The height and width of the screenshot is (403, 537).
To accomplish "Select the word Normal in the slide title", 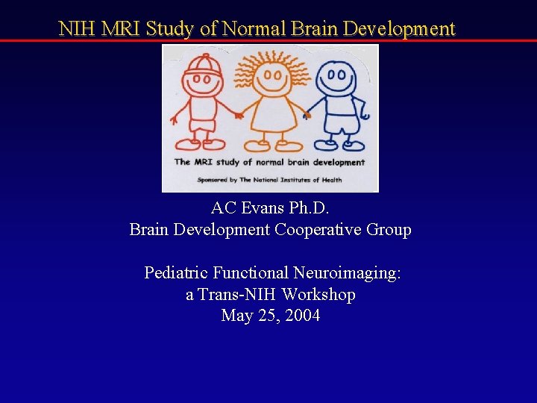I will click(254, 29).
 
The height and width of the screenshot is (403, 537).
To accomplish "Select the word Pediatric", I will click(175, 273).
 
